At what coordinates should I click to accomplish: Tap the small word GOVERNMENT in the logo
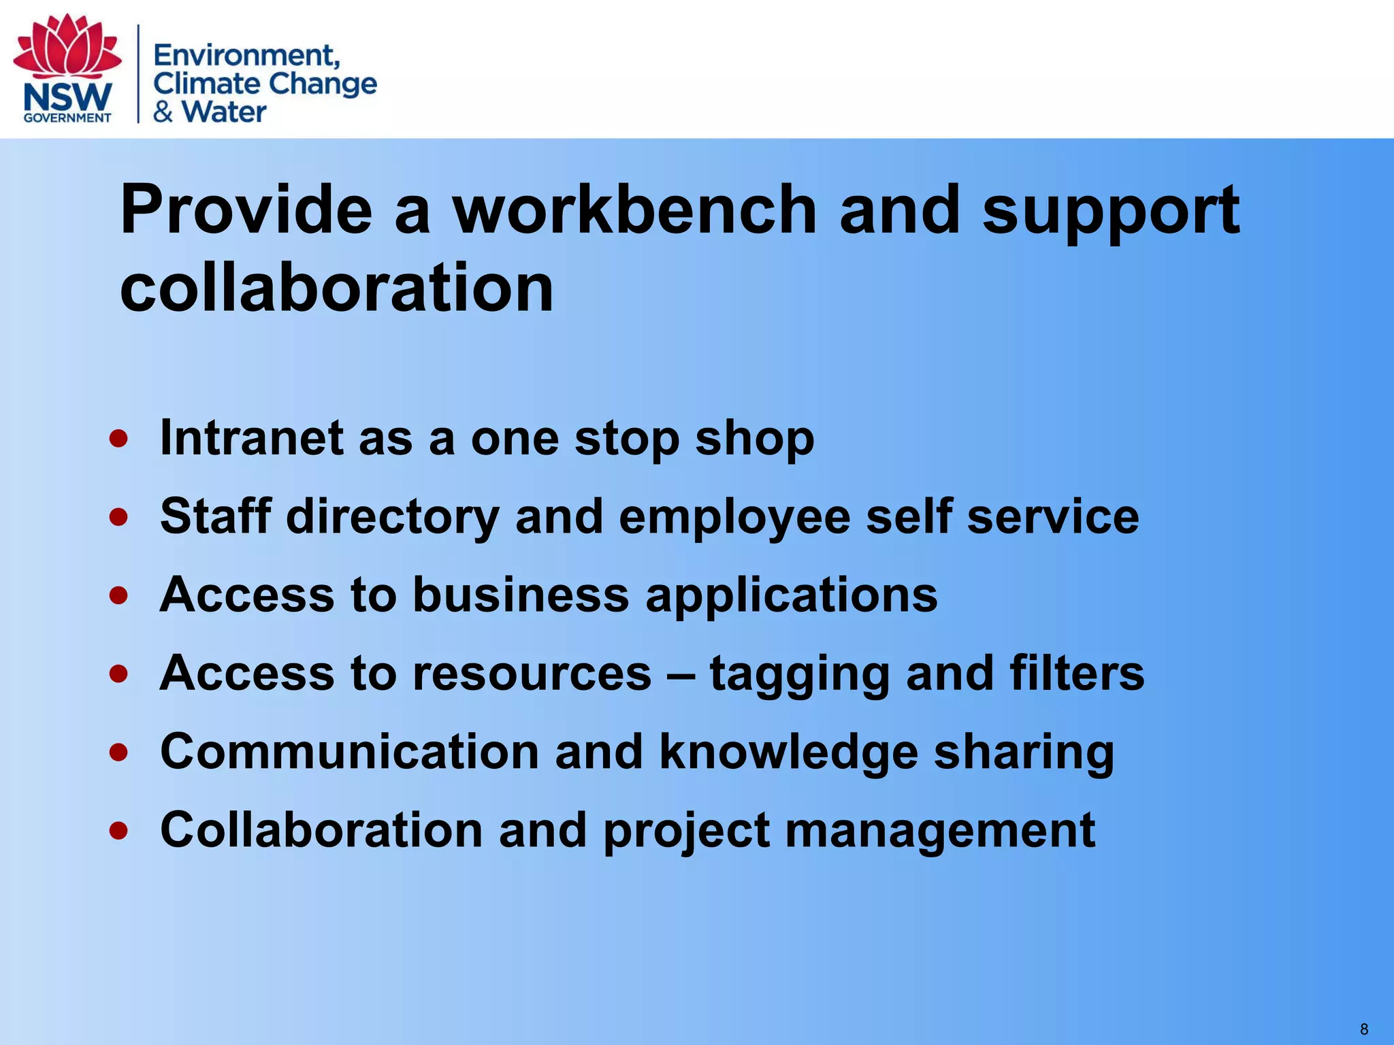pyautogui.click(x=67, y=118)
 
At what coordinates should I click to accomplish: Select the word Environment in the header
pyautogui.click(x=246, y=54)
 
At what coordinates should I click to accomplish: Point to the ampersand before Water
pyautogui.click(x=163, y=112)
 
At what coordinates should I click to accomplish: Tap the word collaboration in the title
pyautogui.click(x=337, y=288)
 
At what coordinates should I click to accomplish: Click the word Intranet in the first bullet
pyautogui.click(x=251, y=437)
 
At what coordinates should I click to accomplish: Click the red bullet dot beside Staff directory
pyautogui.click(x=118, y=517)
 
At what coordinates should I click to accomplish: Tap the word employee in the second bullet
pyautogui.click(x=734, y=517)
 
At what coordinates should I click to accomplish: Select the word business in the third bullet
pyautogui.click(x=521, y=595)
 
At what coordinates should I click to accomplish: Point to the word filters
pyautogui.click(x=1077, y=673)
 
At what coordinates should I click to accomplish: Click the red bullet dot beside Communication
pyautogui.click(x=118, y=752)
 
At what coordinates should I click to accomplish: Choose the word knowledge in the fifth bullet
pyautogui.click(x=788, y=752)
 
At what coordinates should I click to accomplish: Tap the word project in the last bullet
pyautogui.click(x=686, y=831)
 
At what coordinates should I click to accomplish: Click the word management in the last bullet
pyautogui.click(x=940, y=831)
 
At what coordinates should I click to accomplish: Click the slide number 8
pyautogui.click(x=1364, y=1029)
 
